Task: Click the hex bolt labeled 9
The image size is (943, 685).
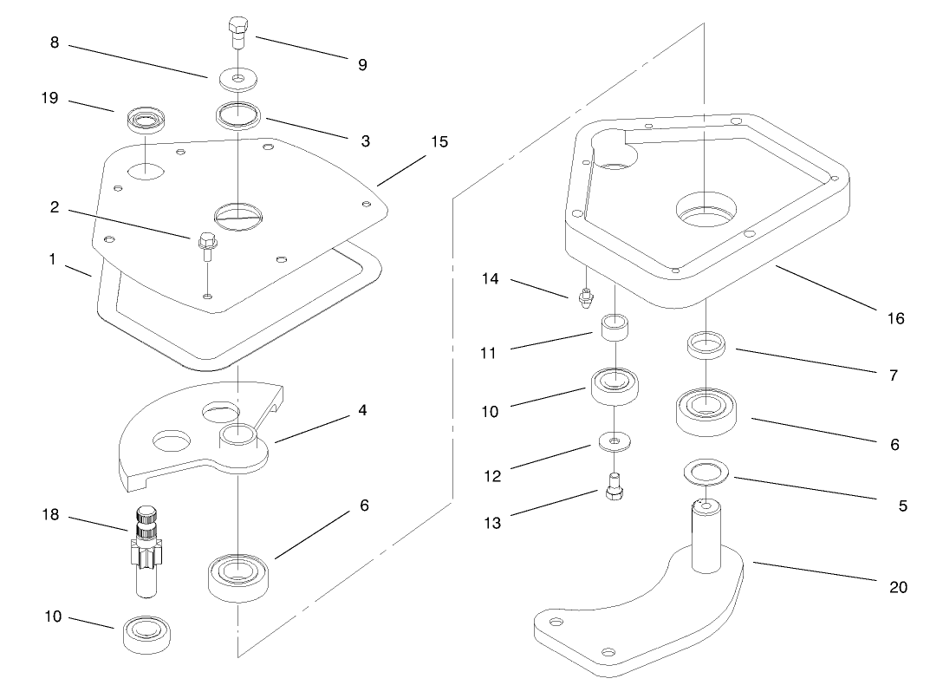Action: click(x=237, y=34)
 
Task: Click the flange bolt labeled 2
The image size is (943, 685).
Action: click(x=206, y=246)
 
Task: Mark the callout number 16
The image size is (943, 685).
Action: click(x=895, y=318)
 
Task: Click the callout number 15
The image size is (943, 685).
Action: click(x=439, y=141)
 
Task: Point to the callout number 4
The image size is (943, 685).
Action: click(x=362, y=411)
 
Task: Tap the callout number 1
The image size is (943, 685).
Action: click(x=55, y=259)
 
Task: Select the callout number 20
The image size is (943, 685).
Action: click(x=899, y=587)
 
